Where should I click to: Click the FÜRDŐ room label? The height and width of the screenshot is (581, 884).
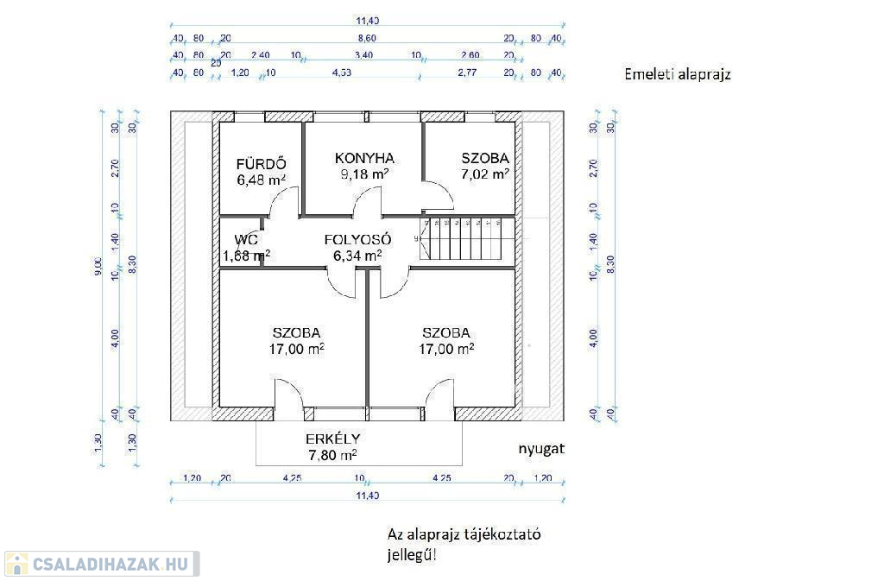[x=261, y=164]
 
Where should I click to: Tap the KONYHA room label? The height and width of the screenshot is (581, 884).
[x=364, y=158]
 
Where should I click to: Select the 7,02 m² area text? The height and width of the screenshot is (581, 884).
[x=484, y=174]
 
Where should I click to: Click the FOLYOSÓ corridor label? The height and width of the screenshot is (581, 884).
[x=358, y=239]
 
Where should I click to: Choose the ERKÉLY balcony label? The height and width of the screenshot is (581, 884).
[x=332, y=438]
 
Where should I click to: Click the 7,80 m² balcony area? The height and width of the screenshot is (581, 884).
[x=332, y=454]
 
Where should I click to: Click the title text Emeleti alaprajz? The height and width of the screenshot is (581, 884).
[x=678, y=74]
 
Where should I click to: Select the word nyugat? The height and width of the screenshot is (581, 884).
[x=540, y=450]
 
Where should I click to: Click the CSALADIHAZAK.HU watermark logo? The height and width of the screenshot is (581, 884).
[x=101, y=564]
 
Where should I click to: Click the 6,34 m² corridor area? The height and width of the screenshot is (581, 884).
[x=357, y=256]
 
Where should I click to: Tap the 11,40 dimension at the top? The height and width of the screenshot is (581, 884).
[x=367, y=21]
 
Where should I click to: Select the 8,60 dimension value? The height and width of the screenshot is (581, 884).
[x=367, y=39]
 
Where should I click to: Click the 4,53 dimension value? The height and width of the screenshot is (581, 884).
[x=342, y=73]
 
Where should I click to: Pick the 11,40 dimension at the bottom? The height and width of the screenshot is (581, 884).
[x=367, y=496]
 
